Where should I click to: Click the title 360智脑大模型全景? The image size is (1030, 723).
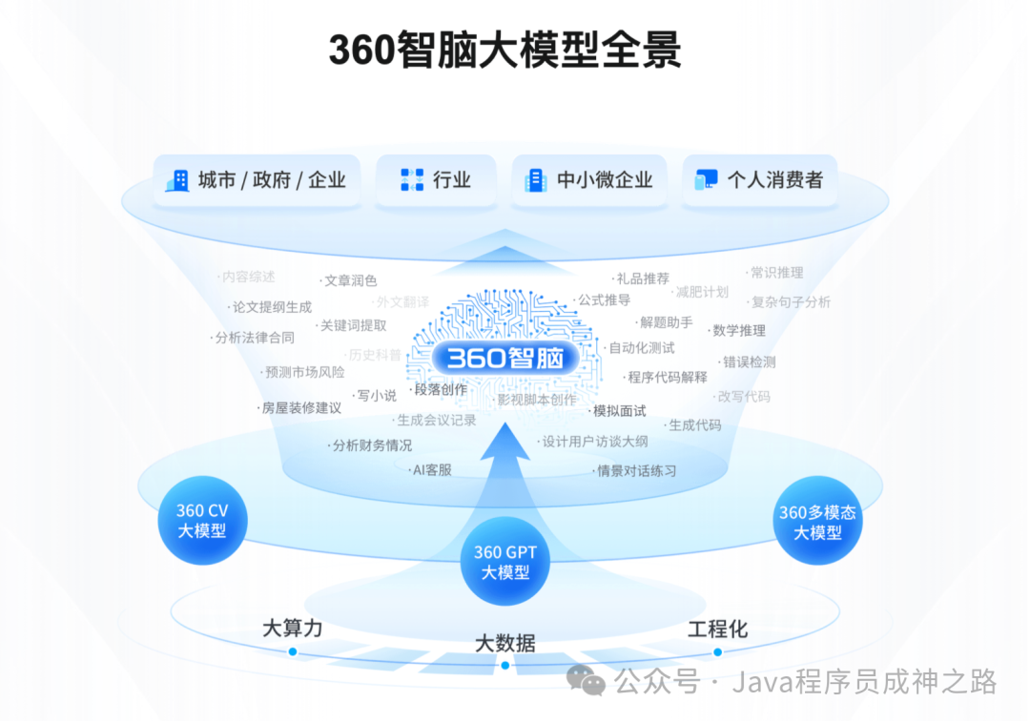pos(505,50)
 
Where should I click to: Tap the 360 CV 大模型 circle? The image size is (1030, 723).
pos(203,521)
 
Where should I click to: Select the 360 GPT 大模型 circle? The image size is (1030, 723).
pos(505,562)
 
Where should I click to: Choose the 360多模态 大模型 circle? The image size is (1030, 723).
pos(817,522)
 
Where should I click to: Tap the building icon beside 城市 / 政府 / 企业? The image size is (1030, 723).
pos(177,180)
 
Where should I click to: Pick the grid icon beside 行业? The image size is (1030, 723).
pos(412,180)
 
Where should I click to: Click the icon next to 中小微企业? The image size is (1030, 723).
pos(535,180)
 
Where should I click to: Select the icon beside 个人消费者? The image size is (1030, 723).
pos(706,180)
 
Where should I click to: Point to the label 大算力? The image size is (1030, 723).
pos(293,629)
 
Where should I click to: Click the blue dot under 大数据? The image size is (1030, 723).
pos(505,665)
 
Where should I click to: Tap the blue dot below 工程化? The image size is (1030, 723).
pos(718,652)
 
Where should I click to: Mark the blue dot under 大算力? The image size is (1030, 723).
pos(293,652)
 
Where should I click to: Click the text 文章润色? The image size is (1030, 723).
pos(350,280)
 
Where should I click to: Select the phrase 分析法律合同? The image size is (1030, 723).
pos(255,338)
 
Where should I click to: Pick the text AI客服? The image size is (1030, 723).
pos(431,469)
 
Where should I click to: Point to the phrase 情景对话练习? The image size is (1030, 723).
pos(636,470)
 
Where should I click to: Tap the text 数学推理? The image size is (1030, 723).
pos(738,330)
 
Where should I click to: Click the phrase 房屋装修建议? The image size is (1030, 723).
pos(301,407)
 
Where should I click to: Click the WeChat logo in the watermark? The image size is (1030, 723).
pos(586,680)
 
